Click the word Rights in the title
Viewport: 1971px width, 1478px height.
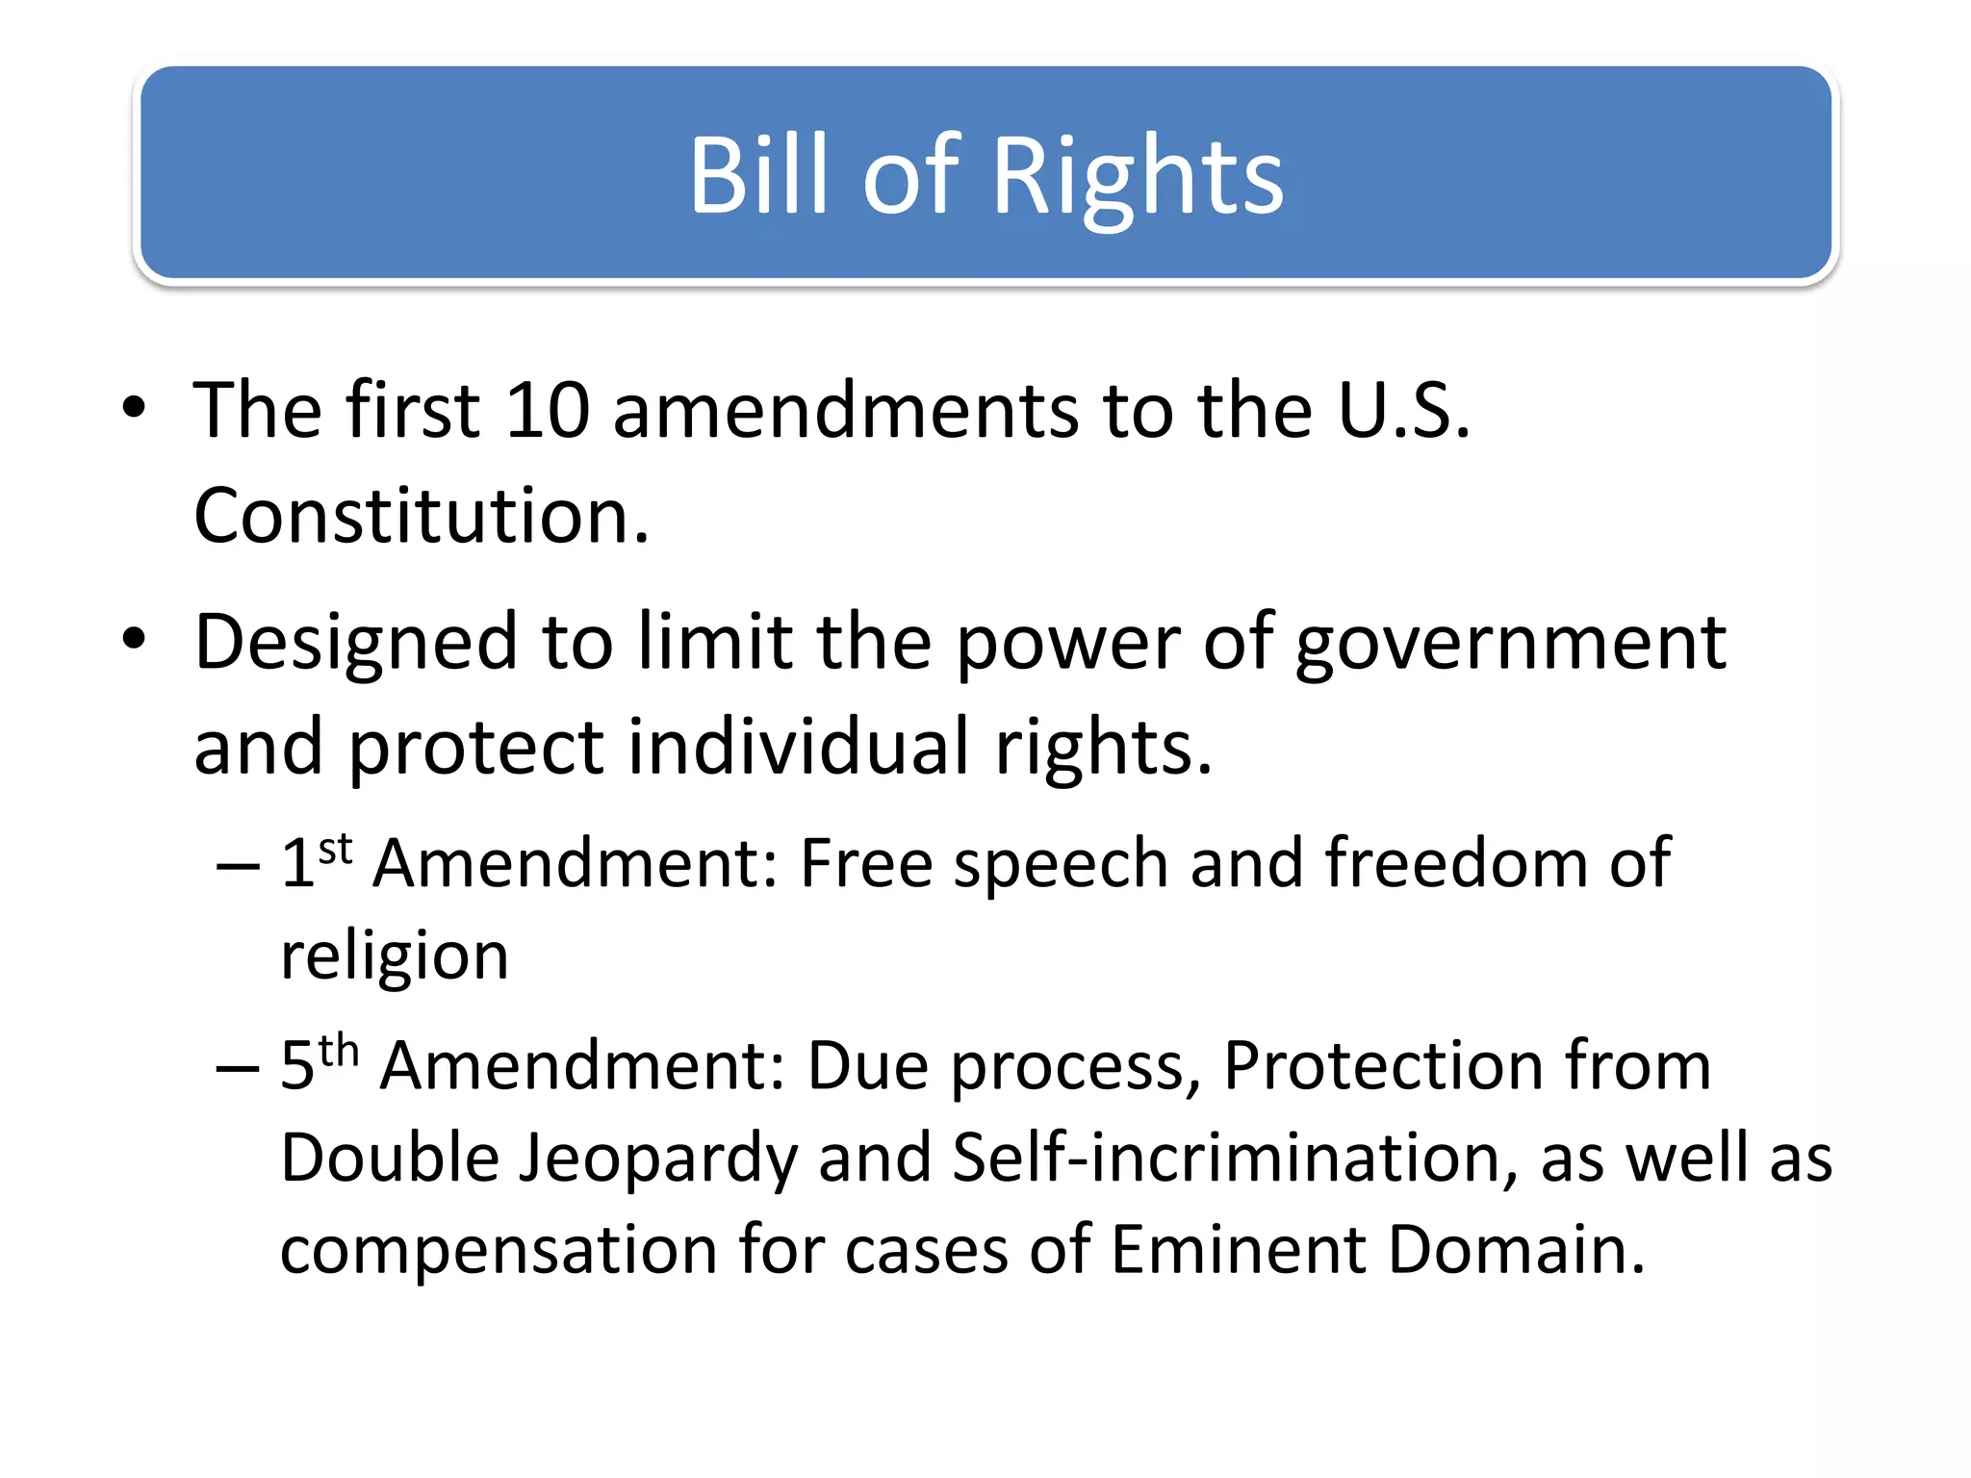(x=1138, y=177)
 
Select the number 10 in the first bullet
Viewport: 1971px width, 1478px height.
(x=547, y=411)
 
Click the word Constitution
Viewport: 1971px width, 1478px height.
(x=422, y=517)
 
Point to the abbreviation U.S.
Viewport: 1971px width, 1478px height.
(x=1403, y=411)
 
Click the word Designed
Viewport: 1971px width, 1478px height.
(x=355, y=643)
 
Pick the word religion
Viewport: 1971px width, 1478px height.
(x=395, y=957)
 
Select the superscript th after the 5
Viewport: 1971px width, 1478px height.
(x=339, y=1052)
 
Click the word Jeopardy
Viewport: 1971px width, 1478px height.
(x=658, y=1158)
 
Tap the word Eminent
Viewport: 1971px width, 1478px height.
(x=1238, y=1250)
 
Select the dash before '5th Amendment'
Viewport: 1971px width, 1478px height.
(x=237, y=1067)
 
